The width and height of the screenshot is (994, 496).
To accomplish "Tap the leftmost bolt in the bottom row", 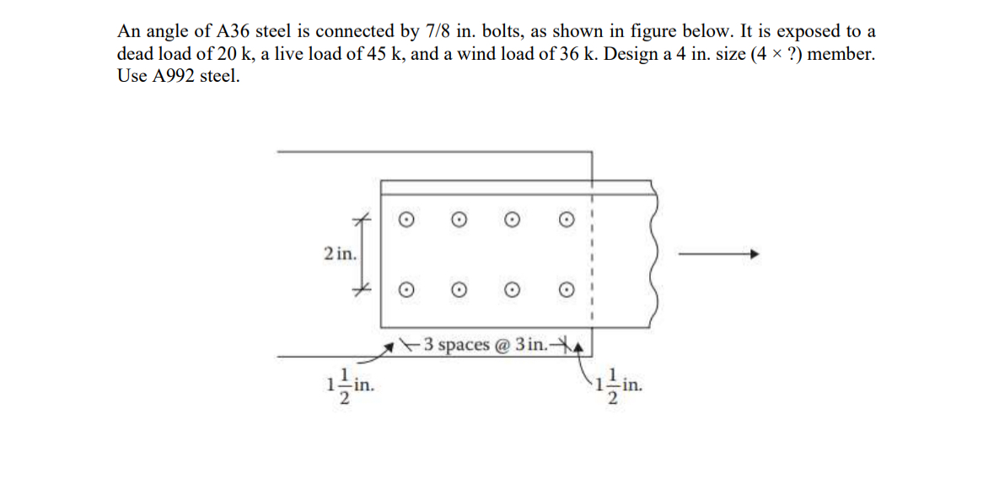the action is pyautogui.click(x=406, y=288).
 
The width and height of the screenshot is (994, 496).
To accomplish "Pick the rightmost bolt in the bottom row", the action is pyautogui.click(x=567, y=288).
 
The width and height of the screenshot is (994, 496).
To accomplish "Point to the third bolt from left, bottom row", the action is pyautogui.click(x=512, y=288).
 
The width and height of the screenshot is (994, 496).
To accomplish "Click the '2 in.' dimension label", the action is pyautogui.click(x=340, y=252).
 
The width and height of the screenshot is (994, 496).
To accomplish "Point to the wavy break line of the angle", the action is pyautogui.click(x=652, y=253).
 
